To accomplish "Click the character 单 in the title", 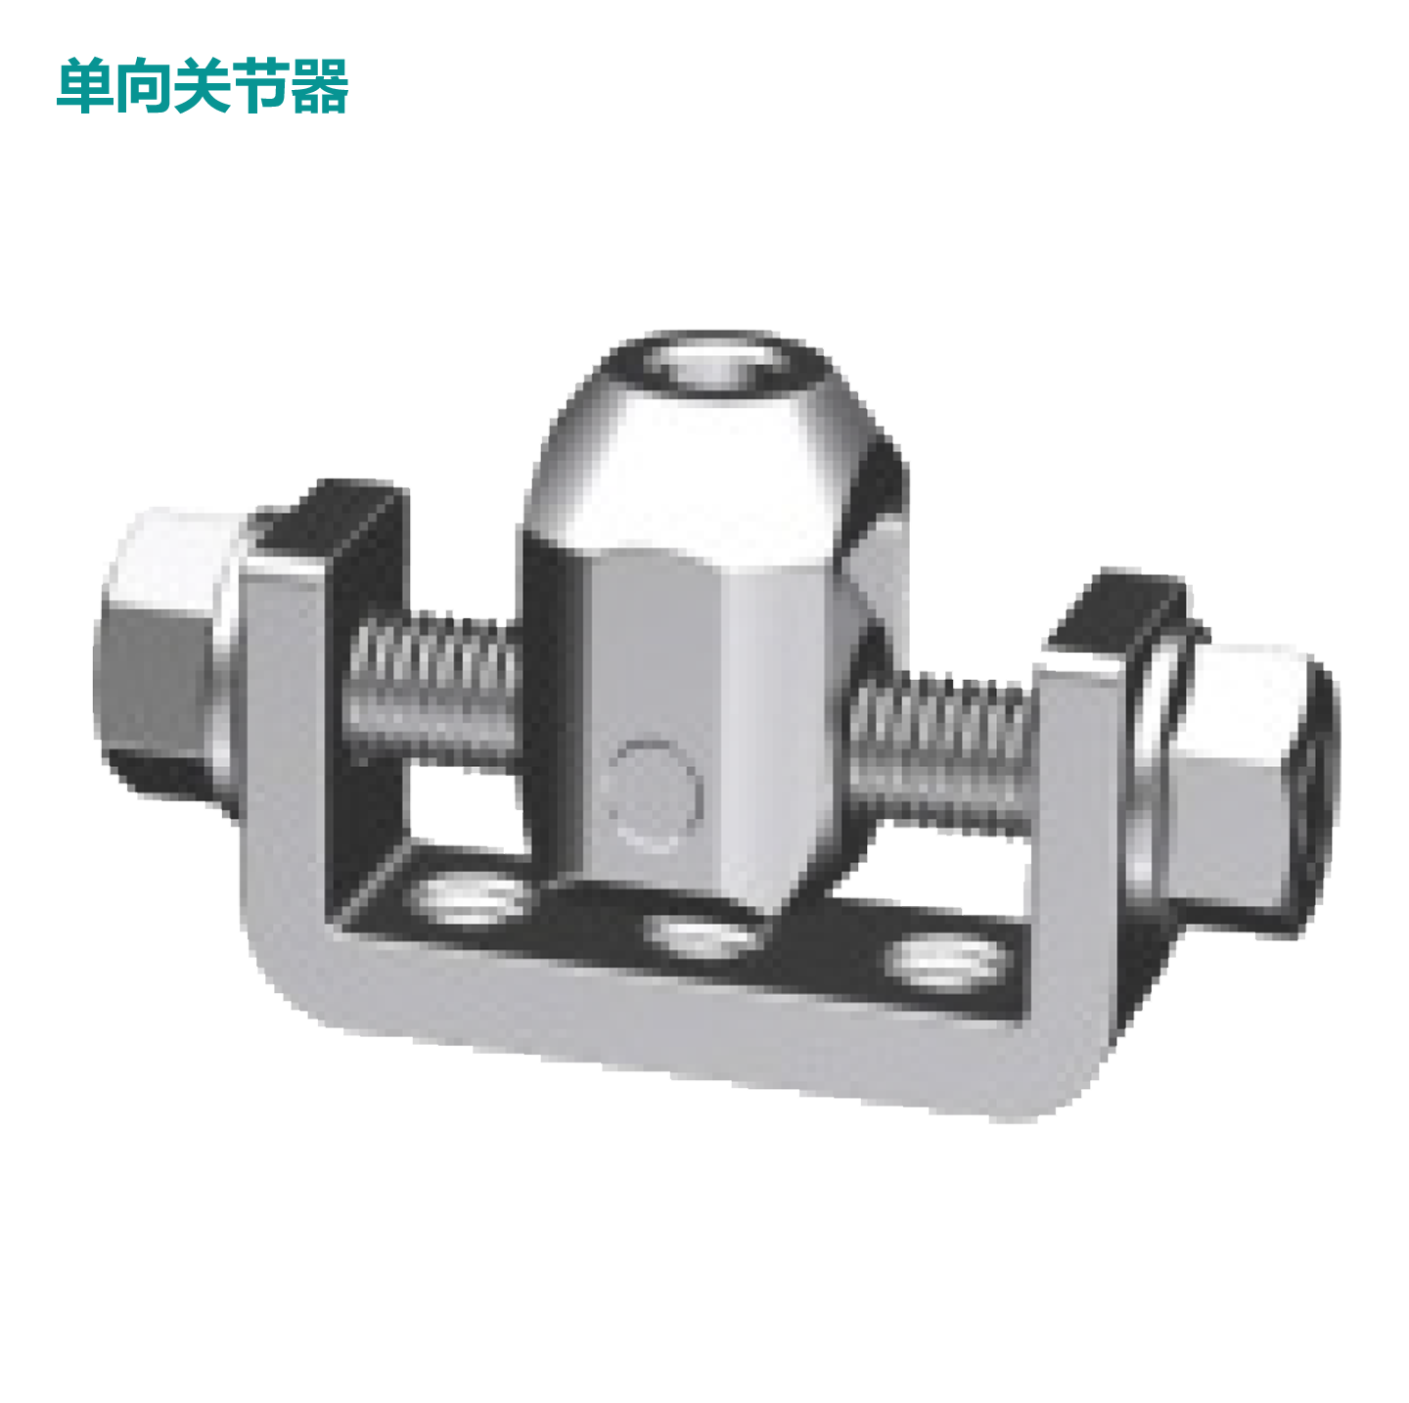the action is pos(85,86).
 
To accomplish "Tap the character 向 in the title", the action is pos(144,86).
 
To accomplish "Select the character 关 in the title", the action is pos(203,86).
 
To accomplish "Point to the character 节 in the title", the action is pos(261,86).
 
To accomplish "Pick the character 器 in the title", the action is pos(320,86).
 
